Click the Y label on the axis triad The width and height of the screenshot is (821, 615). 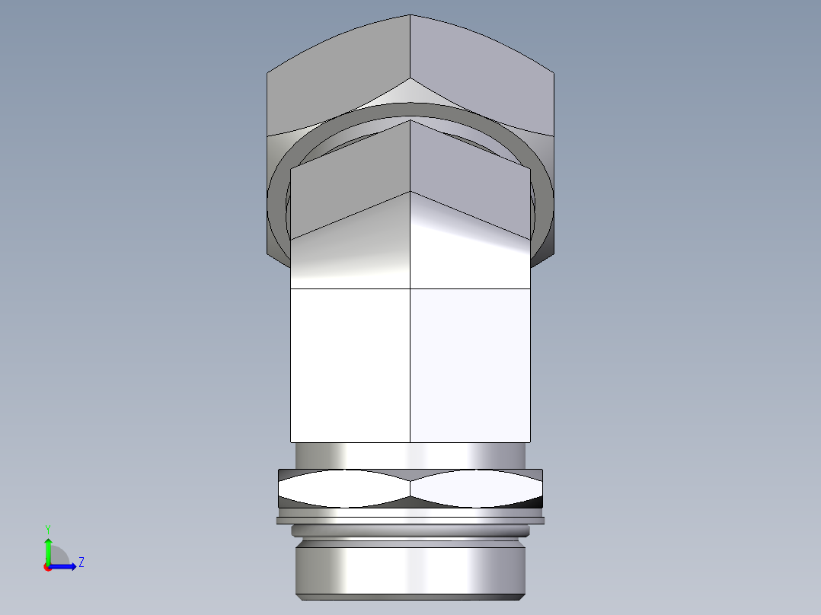tap(47, 528)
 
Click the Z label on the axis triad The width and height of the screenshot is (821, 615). tap(81, 562)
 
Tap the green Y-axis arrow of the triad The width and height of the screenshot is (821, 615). tap(48, 548)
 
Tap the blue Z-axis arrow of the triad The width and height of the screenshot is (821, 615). tap(65, 566)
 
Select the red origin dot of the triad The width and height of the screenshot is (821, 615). tap(47, 567)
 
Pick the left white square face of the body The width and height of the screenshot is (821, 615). tap(350, 365)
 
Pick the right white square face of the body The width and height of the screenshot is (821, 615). tap(470, 365)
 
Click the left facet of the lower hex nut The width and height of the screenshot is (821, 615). tap(344, 489)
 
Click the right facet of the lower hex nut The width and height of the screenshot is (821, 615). tap(476, 489)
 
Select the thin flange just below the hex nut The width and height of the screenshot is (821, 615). tap(410, 521)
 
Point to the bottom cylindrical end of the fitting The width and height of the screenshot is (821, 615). tap(410, 571)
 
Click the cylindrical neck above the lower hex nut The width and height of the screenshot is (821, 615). tap(410, 455)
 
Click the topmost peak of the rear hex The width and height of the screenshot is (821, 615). tap(410, 16)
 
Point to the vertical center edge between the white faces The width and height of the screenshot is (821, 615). tap(410, 365)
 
